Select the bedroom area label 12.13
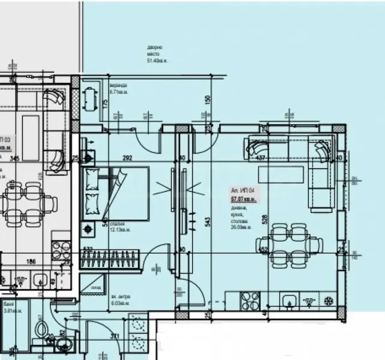118,230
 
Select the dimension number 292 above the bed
127,159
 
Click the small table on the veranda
90,99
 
